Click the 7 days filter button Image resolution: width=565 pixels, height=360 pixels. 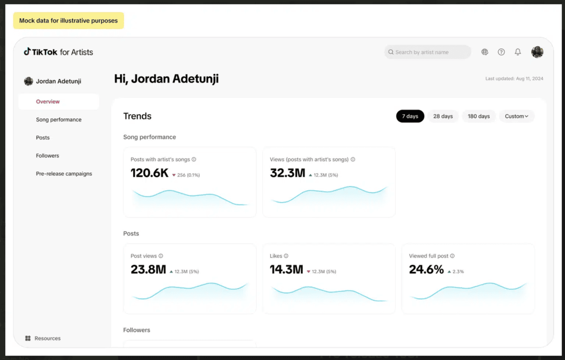click(x=410, y=116)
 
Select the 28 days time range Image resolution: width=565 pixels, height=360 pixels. click(x=443, y=116)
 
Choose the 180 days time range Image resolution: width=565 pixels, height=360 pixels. click(x=479, y=116)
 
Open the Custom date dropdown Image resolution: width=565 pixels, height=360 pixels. click(x=516, y=116)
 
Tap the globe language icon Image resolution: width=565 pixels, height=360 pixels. click(x=485, y=52)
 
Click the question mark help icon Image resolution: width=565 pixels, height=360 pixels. click(x=501, y=52)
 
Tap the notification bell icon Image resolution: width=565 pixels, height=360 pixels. click(x=518, y=52)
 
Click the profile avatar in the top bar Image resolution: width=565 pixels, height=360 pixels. click(x=537, y=52)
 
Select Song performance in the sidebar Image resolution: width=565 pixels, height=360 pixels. click(x=59, y=120)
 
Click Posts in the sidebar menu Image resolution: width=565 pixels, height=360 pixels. click(x=43, y=138)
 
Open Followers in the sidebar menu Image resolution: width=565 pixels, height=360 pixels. click(x=47, y=156)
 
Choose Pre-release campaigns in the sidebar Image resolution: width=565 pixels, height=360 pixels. click(x=64, y=174)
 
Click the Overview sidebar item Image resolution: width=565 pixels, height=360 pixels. click(x=48, y=102)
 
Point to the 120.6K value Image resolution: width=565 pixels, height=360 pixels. click(x=149, y=173)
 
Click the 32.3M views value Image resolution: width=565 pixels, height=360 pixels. click(x=288, y=173)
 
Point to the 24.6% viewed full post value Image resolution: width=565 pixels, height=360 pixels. click(x=426, y=269)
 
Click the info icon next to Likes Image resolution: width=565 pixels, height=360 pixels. click(x=286, y=256)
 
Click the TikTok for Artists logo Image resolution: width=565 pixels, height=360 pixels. click(x=58, y=52)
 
